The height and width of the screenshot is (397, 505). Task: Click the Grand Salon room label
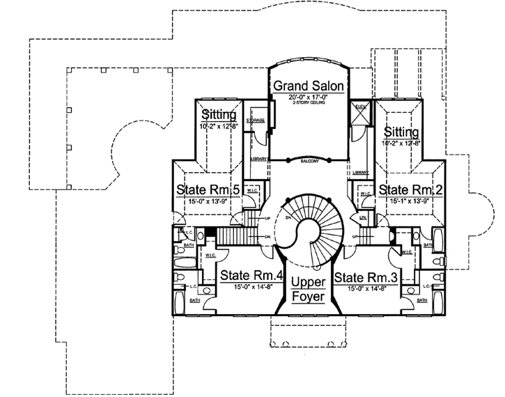309,86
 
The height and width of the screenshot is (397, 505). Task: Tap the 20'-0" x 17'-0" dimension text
309,98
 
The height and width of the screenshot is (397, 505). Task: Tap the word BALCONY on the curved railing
311,162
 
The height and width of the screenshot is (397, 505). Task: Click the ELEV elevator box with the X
361,117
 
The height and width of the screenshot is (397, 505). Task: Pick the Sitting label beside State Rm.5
219,115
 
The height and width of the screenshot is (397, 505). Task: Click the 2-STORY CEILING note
309,104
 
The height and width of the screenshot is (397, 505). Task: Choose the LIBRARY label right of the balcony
360,171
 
